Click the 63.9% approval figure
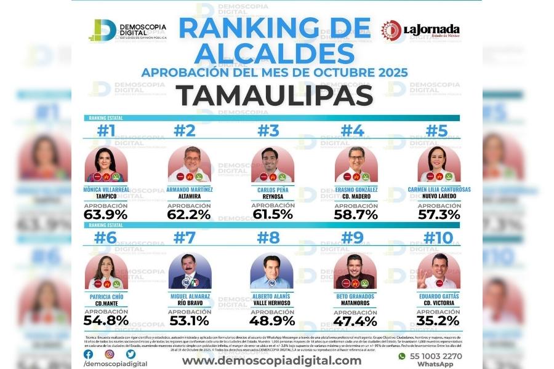click(x=105, y=215)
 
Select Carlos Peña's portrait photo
click(x=272, y=164)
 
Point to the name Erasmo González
click(x=356, y=189)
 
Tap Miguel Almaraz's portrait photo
click(x=189, y=271)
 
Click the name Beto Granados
click(x=356, y=296)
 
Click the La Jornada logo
click(x=420, y=30)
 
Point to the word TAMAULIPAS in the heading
click(x=275, y=96)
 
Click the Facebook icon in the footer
click(x=89, y=354)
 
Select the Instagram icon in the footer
click(x=110, y=354)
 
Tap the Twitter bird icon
click(x=130, y=354)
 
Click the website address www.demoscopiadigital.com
click(x=271, y=360)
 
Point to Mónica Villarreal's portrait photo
click(x=105, y=164)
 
